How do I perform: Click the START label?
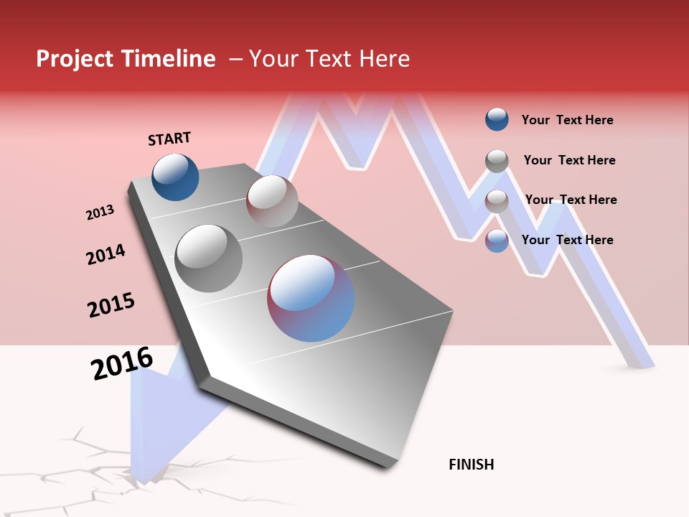point(169,139)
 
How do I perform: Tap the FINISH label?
point(471,465)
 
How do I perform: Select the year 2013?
point(100,213)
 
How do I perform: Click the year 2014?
point(106,254)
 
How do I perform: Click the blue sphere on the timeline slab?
point(175,177)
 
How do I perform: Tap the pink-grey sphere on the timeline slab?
point(271,201)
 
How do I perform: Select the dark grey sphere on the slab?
point(208,258)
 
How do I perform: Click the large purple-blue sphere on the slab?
point(311,298)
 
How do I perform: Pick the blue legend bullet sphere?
point(497,120)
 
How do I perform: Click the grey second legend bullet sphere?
point(497,161)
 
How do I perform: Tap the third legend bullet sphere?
point(497,201)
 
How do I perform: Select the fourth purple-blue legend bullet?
point(497,241)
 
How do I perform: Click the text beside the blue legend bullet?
point(567,120)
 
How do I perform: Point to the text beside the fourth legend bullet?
point(567,240)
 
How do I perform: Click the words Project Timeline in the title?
point(126,59)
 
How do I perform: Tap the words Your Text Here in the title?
point(329,59)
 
